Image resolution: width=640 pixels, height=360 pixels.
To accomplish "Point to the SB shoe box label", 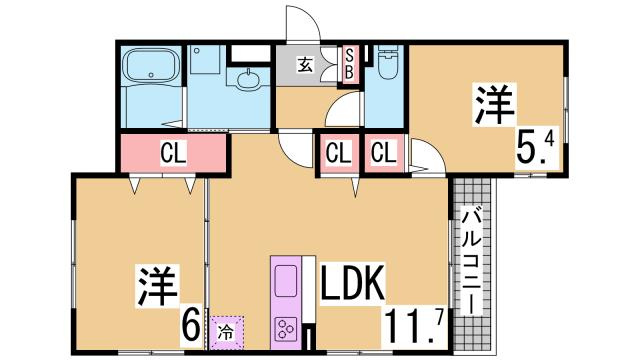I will pyautogui.click(x=350, y=63).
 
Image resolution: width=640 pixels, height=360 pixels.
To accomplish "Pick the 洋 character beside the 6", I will pyautogui.click(x=150, y=286).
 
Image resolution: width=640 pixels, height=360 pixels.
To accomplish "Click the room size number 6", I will pyautogui.click(x=188, y=324).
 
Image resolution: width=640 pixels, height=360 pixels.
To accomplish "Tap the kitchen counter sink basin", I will pyautogui.click(x=285, y=280).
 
